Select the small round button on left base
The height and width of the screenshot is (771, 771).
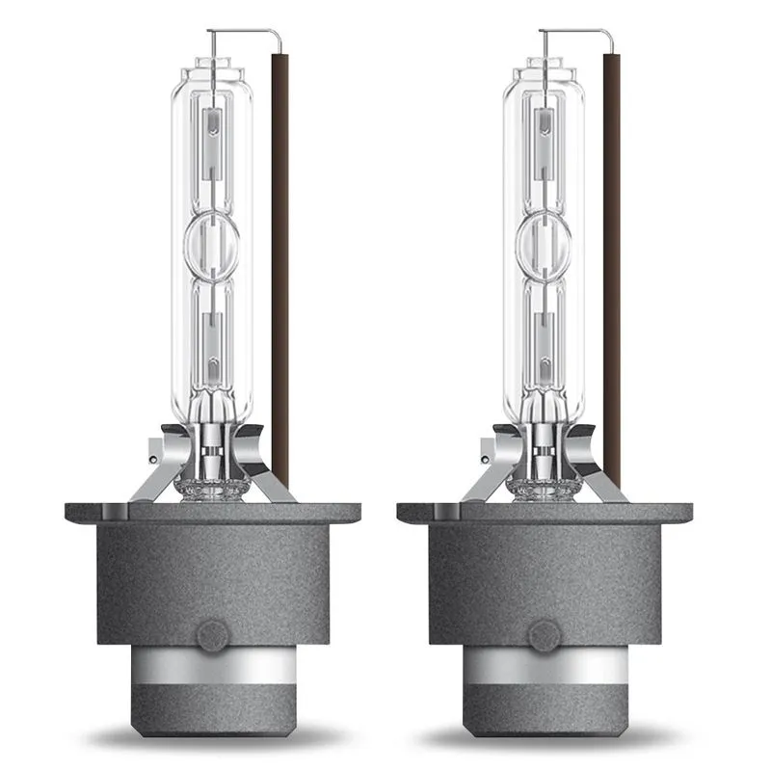(213, 636)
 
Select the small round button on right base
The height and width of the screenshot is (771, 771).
(545, 636)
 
